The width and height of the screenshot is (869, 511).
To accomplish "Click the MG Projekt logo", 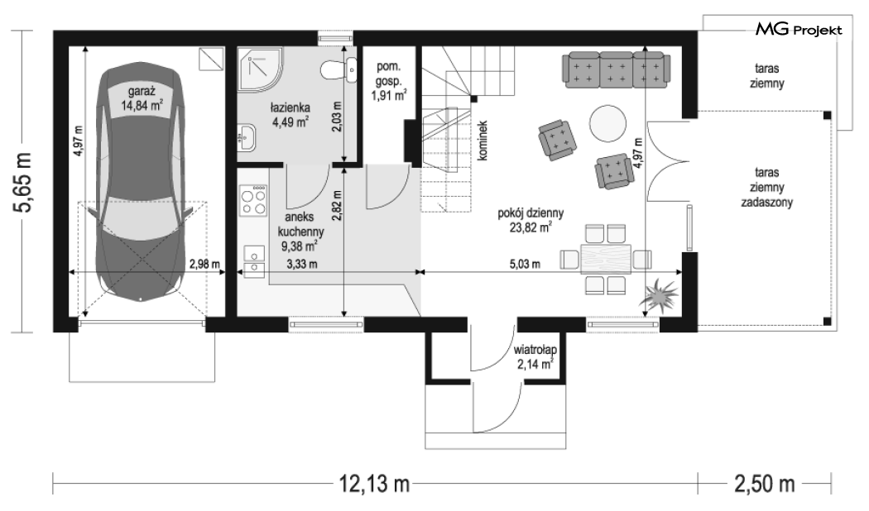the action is pyautogui.click(x=799, y=29).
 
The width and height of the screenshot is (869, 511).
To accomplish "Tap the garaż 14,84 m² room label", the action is pyautogui.click(x=142, y=98).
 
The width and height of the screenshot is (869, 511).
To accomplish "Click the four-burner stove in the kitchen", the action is pyautogui.click(x=253, y=201).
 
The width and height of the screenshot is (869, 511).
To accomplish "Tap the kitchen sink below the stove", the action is pyautogui.click(x=254, y=260).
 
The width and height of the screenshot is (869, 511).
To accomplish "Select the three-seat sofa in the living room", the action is pyautogui.click(x=615, y=69).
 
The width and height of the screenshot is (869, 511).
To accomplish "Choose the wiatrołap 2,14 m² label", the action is pyautogui.click(x=535, y=357).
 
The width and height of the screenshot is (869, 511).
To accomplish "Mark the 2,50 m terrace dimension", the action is pyautogui.click(x=765, y=484).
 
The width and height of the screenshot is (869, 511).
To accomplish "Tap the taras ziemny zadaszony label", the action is pyautogui.click(x=766, y=188).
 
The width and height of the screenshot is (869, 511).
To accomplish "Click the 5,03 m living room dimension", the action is pyautogui.click(x=525, y=264).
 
